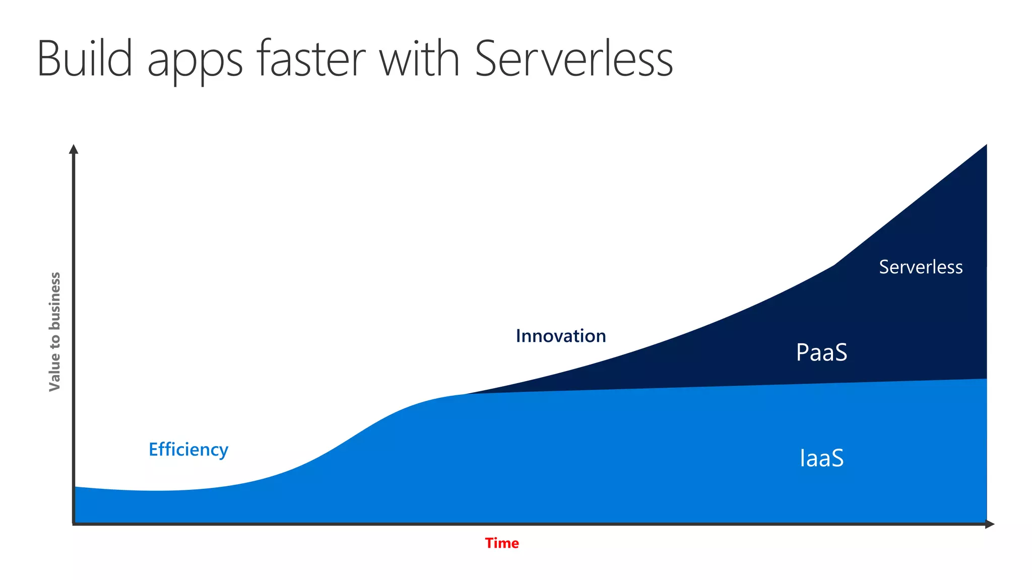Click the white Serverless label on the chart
(x=921, y=267)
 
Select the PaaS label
(x=821, y=352)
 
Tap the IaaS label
(x=821, y=458)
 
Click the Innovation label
(x=561, y=336)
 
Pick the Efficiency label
(x=188, y=449)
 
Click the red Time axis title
(x=502, y=543)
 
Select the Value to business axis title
(x=54, y=332)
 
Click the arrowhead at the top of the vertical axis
(x=74, y=149)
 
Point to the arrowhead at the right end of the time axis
(x=990, y=524)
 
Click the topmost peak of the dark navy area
(x=986, y=146)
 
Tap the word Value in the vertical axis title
(x=54, y=375)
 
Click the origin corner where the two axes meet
(x=74, y=524)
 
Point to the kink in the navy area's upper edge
(x=834, y=265)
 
